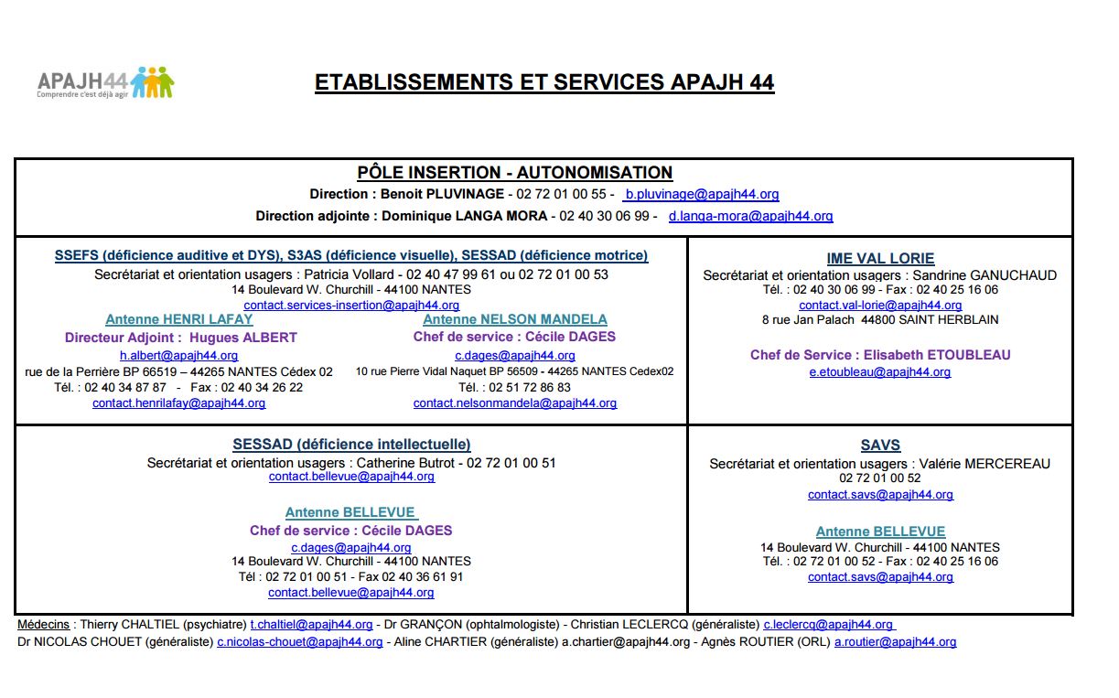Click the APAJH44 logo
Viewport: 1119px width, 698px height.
105,82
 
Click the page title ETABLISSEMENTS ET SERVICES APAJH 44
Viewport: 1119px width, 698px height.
544,82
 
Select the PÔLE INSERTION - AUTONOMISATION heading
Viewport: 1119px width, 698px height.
514,173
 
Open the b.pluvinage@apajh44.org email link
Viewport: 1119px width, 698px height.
701,195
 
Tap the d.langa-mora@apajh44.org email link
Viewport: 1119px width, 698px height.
750,217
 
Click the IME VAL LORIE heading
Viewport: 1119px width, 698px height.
880,259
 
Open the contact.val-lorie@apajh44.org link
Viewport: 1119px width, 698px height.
880,306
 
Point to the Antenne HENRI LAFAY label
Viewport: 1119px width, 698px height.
179,320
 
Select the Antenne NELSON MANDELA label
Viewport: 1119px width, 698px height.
514,320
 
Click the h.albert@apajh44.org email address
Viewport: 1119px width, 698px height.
179,356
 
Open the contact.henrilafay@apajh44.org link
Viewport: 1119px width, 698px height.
179,403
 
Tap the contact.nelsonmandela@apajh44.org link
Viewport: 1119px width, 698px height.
514,403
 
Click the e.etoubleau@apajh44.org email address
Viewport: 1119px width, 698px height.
880,372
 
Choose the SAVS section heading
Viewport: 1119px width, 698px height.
880,446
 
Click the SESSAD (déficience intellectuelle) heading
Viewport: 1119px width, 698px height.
351,445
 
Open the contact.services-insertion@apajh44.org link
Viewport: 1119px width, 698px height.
351,306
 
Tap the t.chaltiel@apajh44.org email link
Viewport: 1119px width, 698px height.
311,625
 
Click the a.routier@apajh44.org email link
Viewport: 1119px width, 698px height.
895,642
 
